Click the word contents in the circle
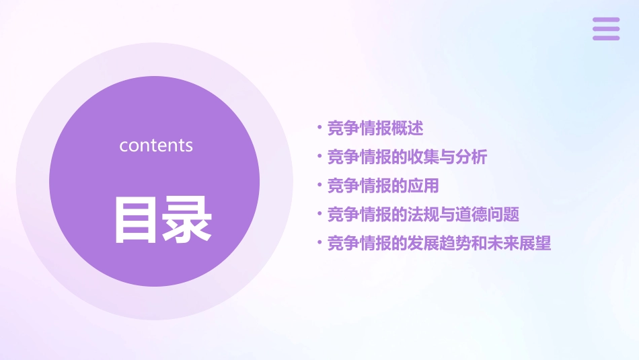156,145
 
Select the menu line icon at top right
606,29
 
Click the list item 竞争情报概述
375,128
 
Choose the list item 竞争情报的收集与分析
407,157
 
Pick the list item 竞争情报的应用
383,186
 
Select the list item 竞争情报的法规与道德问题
423,215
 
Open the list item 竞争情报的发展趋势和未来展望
439,244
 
